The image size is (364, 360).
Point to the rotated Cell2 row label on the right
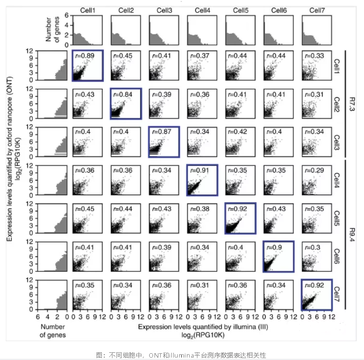[x=337, y=103]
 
